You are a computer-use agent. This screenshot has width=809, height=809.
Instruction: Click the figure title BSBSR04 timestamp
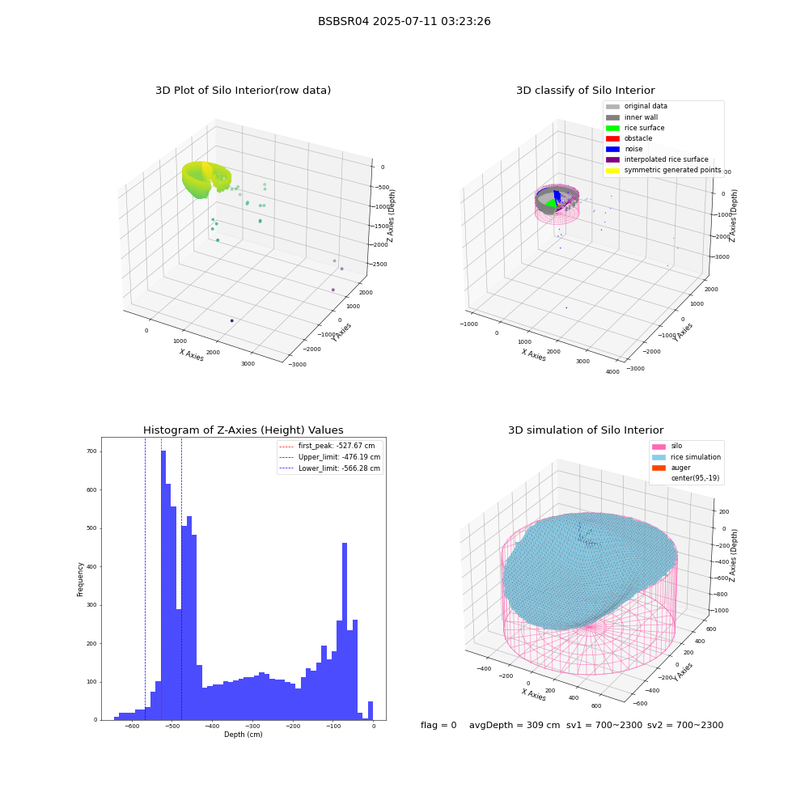(x=404, y=21)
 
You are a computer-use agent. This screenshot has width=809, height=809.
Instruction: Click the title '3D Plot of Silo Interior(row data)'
(x=243, y=91)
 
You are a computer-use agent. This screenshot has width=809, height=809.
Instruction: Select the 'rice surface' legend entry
(x=635, y=128)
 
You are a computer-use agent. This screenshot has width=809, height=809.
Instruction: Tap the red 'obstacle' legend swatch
(x=612, y=139)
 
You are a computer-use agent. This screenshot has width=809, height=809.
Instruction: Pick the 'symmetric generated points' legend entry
(x=663, y=170)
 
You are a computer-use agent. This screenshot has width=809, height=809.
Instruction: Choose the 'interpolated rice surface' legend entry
(x=657, y=159)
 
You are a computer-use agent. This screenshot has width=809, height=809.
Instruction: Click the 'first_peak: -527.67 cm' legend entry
(x=327, y=446)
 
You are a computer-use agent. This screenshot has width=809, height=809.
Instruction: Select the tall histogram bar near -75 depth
(x=345, y=632)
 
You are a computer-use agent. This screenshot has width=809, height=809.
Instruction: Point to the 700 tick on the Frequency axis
(x=91, y=451)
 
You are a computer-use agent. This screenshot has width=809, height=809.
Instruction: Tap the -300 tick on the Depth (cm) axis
(x=252, y=726)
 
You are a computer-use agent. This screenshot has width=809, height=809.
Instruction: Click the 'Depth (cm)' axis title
(x=244, y=735)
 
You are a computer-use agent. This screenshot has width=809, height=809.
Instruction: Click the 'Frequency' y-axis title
(x=80, y=579)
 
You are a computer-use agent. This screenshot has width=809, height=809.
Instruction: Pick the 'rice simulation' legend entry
(x=686, y=457)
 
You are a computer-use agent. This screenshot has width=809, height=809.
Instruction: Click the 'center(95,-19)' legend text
(x=695, y=478)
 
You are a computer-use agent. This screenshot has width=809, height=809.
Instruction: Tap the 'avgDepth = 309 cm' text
(x=515, y=725)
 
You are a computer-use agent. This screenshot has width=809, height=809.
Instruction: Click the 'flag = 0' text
(x=438, y=725)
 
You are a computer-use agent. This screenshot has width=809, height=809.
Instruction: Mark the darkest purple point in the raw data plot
(x=231, y=321)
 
